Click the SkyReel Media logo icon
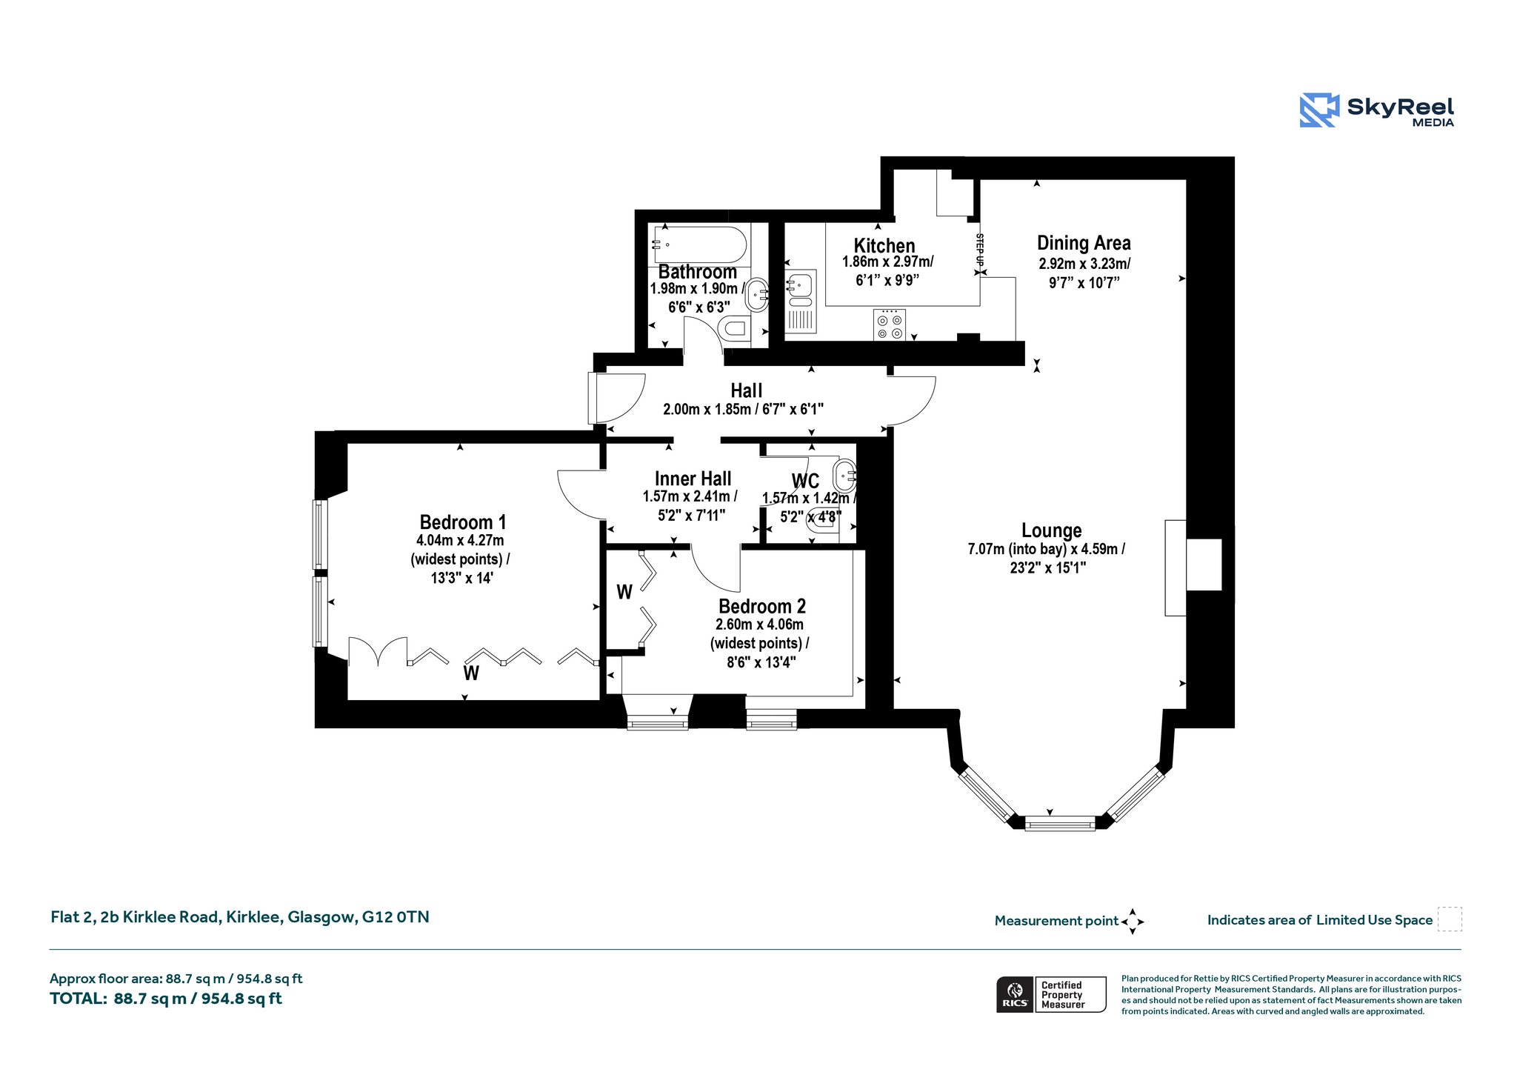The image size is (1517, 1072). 1318,110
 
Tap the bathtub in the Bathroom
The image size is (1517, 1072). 699,244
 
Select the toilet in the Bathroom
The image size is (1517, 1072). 735,328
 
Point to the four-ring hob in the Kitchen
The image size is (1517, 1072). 890,324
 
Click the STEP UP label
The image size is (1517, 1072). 980,250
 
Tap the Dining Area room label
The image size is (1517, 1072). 1084,243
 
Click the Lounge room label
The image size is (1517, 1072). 1051,530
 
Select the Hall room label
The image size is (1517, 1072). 746,390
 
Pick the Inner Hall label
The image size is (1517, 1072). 693,479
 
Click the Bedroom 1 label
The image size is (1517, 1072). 463,522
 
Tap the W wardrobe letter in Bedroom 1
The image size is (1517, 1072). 471,673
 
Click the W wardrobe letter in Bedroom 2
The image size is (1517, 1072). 624,592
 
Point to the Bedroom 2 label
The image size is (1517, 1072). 762,607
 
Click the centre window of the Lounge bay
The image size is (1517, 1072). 1059,823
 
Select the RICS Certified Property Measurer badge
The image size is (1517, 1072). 1051,994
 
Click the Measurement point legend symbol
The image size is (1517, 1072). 1133,922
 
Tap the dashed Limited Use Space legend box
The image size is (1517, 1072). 1450,919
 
